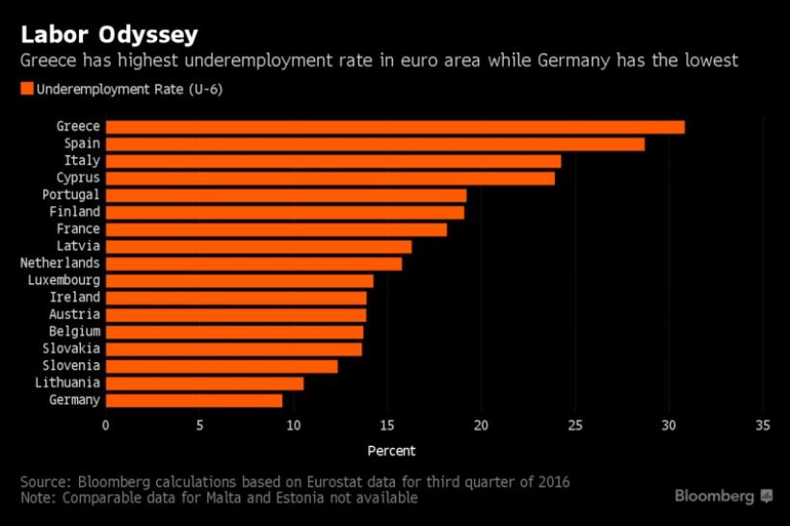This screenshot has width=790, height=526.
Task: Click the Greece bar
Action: [x=395, y=127]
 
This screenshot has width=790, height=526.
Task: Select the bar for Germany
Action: [x=194, y=400]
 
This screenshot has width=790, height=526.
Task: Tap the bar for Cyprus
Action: [x=329, y=178]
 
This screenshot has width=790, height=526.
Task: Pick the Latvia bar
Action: [x=258, y=247]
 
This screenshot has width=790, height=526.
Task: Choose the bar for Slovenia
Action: [x=222, y=366]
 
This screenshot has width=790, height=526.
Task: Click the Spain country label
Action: [x=82, y=144]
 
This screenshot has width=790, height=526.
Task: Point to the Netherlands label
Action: [x=60, y=263]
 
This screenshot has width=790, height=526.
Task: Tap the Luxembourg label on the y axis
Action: [x=64, y=280]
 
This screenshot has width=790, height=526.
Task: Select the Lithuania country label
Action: [x=67, y=382]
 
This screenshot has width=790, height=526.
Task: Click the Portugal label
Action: [x=71, y=195]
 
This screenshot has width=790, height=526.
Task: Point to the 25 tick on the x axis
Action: [x=575, y=426]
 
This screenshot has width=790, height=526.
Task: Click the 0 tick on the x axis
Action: [x=106, y=426]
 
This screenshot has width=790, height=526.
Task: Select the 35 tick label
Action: [x=763, y=426]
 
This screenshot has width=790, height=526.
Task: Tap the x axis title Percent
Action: [x=391, y=451]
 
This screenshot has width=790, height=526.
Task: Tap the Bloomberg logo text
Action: [x=714, y=496]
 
